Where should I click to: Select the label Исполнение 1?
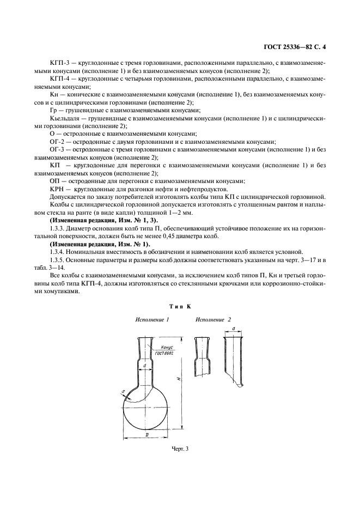pyautogui.click(x=152, y=320)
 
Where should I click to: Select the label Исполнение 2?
pyautogui.click(x=213, y=320)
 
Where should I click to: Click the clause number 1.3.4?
pyautogui.click(x=58, y=251)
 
